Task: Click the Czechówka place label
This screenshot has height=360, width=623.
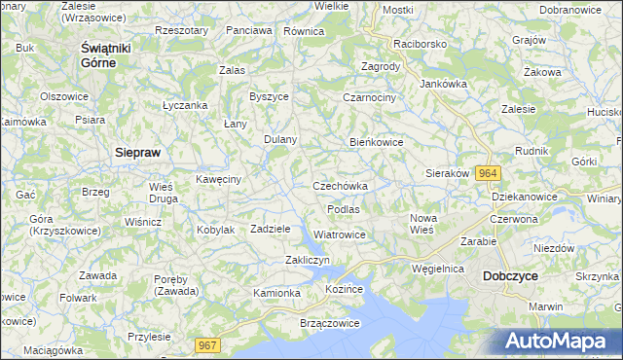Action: point(340,186)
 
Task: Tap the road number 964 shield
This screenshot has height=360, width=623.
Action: point(489,173)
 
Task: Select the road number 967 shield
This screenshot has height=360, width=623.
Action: point(207,344)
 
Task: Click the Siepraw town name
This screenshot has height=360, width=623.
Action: point(137,153)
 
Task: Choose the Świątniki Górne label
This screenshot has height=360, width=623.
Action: point(98,54)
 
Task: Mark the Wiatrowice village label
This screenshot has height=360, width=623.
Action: point(340,234)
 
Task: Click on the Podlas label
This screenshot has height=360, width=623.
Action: point(344,209)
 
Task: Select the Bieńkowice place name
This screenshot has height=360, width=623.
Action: point(377,142)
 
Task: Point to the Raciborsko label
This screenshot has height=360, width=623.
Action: point(420,45)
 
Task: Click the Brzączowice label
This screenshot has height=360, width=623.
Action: point(305,321)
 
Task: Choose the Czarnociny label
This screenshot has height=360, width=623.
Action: point(368,97)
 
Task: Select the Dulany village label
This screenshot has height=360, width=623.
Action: point(280,139)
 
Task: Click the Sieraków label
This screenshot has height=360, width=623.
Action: point(448,173)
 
